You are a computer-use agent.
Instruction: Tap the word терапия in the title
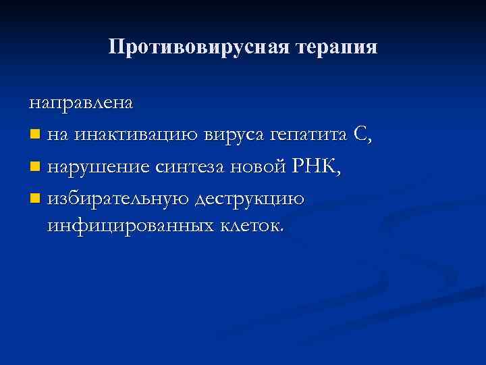(x=335, y=47)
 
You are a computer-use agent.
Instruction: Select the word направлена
(x=81, y=103)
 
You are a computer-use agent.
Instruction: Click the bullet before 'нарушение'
(x=34, y=168)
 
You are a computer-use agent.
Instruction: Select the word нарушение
(x=99, y=167)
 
